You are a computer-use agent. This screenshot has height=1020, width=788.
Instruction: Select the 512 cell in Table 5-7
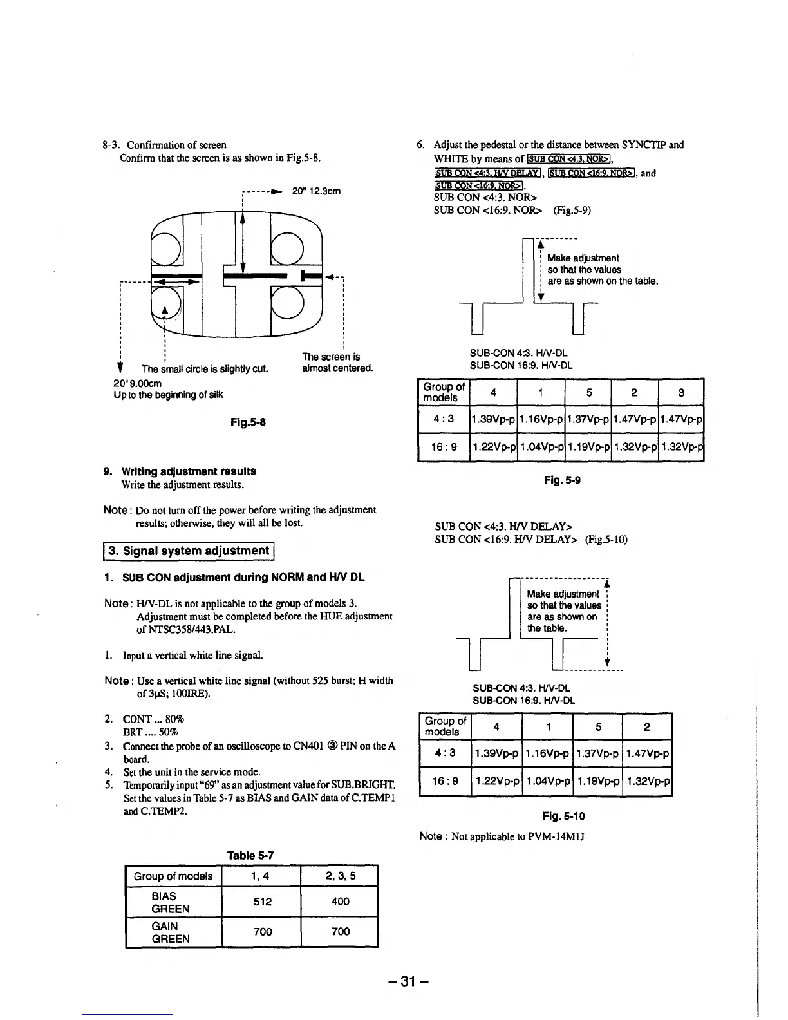click(262, 902)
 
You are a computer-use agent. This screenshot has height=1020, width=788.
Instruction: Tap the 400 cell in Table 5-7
click(340, 902)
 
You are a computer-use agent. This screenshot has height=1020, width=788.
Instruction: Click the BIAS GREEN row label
click(170, 902)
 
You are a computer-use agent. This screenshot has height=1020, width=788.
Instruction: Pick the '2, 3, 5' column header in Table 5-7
click(340, 876)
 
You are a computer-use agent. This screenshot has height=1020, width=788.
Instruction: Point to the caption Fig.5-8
click(248, 422)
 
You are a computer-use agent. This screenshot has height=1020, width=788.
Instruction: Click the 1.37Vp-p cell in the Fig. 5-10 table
click(597, 753)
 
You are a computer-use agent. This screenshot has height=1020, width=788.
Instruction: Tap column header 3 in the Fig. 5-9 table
click(681, 392)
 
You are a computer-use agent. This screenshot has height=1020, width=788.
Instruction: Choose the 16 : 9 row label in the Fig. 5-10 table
click(445, 781)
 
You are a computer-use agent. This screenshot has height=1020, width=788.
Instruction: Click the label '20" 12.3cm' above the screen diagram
click(316, 191)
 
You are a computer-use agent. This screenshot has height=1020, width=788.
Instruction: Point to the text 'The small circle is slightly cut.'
click(204, 369)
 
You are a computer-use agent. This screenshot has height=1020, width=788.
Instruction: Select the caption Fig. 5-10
click(564, 817)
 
